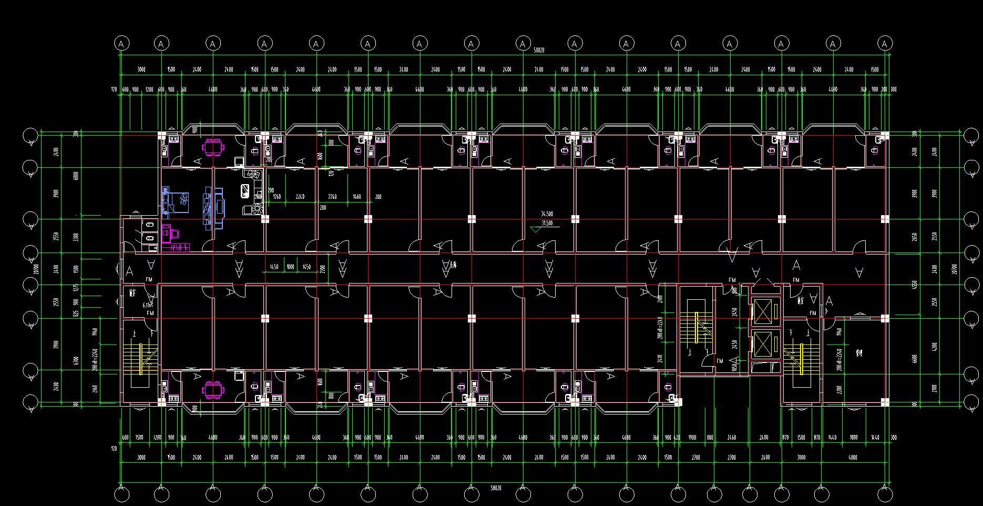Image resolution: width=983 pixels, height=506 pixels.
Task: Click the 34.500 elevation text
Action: (547, 215)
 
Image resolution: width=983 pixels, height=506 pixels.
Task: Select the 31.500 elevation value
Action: (547, 224)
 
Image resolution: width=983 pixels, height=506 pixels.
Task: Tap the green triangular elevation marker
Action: (536, 229)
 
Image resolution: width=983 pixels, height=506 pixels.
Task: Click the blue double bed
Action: (176, 202)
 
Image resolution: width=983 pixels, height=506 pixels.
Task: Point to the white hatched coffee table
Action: (245, 189)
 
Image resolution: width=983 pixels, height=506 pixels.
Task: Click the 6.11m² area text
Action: (148, 305)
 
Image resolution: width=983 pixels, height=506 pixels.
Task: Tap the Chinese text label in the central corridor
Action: (453, 265)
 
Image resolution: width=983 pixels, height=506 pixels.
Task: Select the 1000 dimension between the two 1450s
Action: (290, 267)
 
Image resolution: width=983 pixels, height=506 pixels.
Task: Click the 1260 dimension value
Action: (277, 197)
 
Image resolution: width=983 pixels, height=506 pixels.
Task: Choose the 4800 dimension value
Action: (853, 458)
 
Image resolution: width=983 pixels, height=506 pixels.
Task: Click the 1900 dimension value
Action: (692, 438)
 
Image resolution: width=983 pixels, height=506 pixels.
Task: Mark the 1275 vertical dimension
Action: (77, 288)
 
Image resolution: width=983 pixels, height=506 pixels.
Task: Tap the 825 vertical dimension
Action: (77, 313)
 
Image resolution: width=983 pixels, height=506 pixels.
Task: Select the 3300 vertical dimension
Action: (77, 237)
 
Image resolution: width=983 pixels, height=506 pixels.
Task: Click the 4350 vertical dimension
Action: (915, 285)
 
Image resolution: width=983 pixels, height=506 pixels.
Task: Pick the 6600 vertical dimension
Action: (915, 359)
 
